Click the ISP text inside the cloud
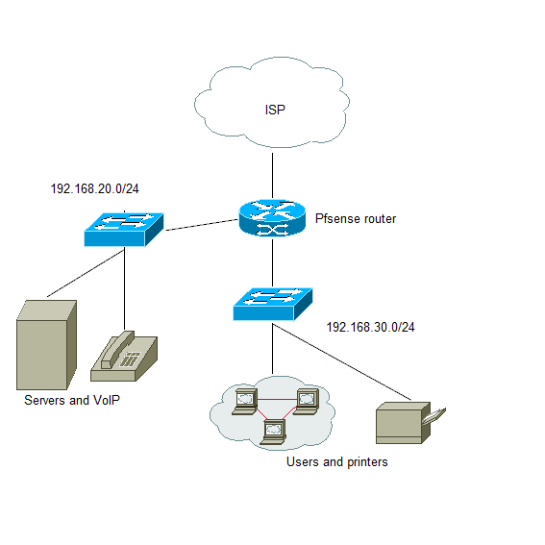[275, 110]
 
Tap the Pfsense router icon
[272, 218]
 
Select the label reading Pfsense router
[356, 218]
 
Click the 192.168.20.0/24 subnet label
[94, 188]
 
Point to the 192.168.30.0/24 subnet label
[370, 327]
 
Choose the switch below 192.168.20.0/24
[124, 230]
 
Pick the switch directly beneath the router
[273, 304]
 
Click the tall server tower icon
[46, 345]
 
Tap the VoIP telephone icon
[124, 357]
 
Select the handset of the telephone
[117, 349]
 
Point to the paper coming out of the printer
[434, 415]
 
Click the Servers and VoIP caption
[72, 400]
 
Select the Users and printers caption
[336, 462]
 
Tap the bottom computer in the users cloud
[273, 432]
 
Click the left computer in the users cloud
[245, 402]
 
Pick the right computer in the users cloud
[306, 402]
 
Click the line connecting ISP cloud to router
[273, 176]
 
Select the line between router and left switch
[202, 225]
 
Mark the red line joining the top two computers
[277, 400]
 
